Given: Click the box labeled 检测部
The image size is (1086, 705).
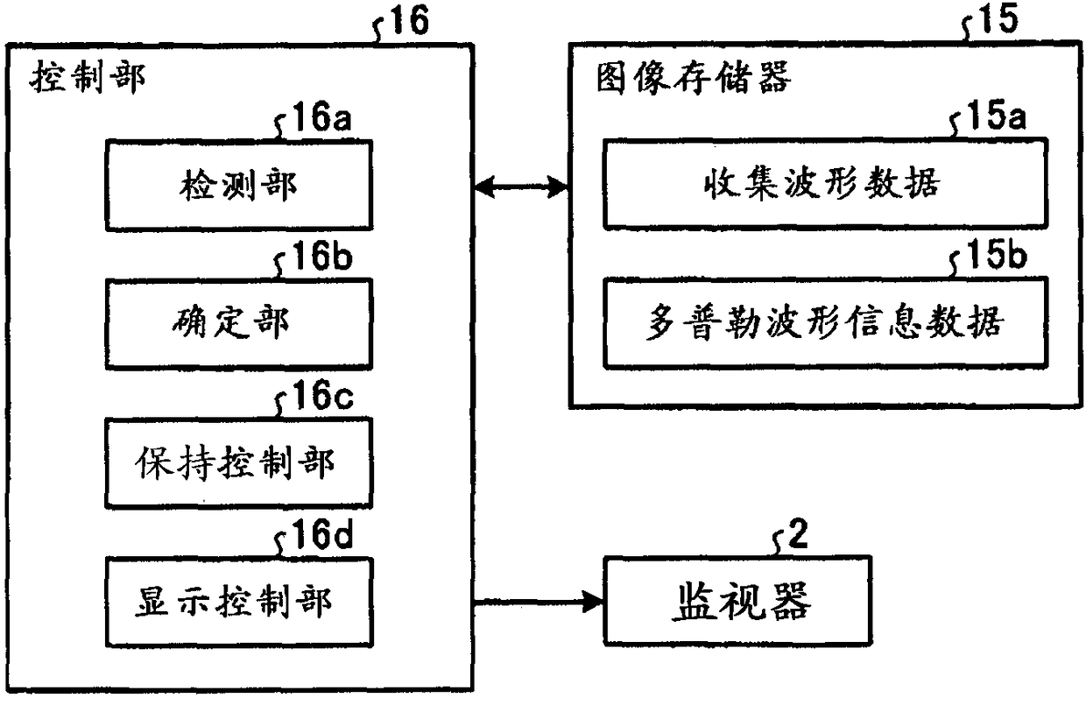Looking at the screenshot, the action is coord(239,185).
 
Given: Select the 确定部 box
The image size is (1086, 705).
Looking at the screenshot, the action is coord(239,323).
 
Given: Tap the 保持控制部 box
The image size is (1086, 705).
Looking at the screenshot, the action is coord(239,462).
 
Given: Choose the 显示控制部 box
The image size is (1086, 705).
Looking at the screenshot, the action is coord(239,603).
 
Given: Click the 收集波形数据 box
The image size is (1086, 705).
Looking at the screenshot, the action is coord(826,184).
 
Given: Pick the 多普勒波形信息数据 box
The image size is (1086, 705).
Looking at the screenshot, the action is coord(826,322).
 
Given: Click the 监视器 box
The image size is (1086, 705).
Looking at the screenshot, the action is coord(737,601).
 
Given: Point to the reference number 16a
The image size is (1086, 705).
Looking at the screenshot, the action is coord(321,116).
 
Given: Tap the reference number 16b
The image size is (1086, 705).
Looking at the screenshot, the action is coord(322,256).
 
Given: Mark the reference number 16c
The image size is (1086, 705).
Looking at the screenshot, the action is coord(323,395).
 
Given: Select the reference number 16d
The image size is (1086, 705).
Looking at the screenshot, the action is coord(323,534).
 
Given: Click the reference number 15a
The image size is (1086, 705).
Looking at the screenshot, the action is coord(997,116).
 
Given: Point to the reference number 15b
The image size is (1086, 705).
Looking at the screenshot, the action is coord(997,255).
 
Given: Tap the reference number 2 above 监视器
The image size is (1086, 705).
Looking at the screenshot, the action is coord(798,533).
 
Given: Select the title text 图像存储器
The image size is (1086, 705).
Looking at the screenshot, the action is coord(694,78).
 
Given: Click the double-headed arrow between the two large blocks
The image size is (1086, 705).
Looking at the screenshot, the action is coord(521,187).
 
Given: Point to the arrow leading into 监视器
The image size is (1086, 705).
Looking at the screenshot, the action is coord(539,603).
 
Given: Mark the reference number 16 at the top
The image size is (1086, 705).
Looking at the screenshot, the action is coord(409,19).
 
